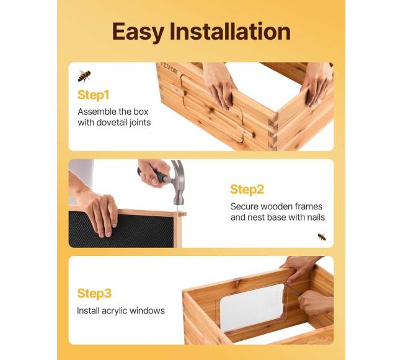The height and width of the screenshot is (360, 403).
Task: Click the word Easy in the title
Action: tap(138, 32)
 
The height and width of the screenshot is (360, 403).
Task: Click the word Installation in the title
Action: tap(230, 31)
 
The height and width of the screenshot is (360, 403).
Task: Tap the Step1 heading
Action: tap(93, 95)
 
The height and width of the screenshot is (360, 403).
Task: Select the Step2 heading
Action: tap(247, 190)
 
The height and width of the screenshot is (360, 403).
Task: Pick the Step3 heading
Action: tap(94, 293)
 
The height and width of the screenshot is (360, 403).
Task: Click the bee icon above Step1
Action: tap(84, 76)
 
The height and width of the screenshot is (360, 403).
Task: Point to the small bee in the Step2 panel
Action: tap(322, 237)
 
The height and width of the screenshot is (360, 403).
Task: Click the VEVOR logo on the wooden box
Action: tap(169, 69)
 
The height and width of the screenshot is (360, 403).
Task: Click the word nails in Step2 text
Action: tap(316, 217)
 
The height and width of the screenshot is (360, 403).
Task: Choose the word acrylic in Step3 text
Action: tap(115, 311)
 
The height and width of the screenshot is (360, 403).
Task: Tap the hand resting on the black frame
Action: tap(99, 212)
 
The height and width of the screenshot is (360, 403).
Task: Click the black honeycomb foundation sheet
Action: tap(121, 229)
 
